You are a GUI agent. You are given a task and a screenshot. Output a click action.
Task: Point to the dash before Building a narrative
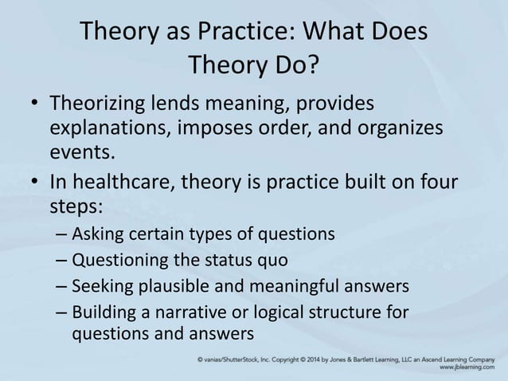[x=63, y=312]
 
